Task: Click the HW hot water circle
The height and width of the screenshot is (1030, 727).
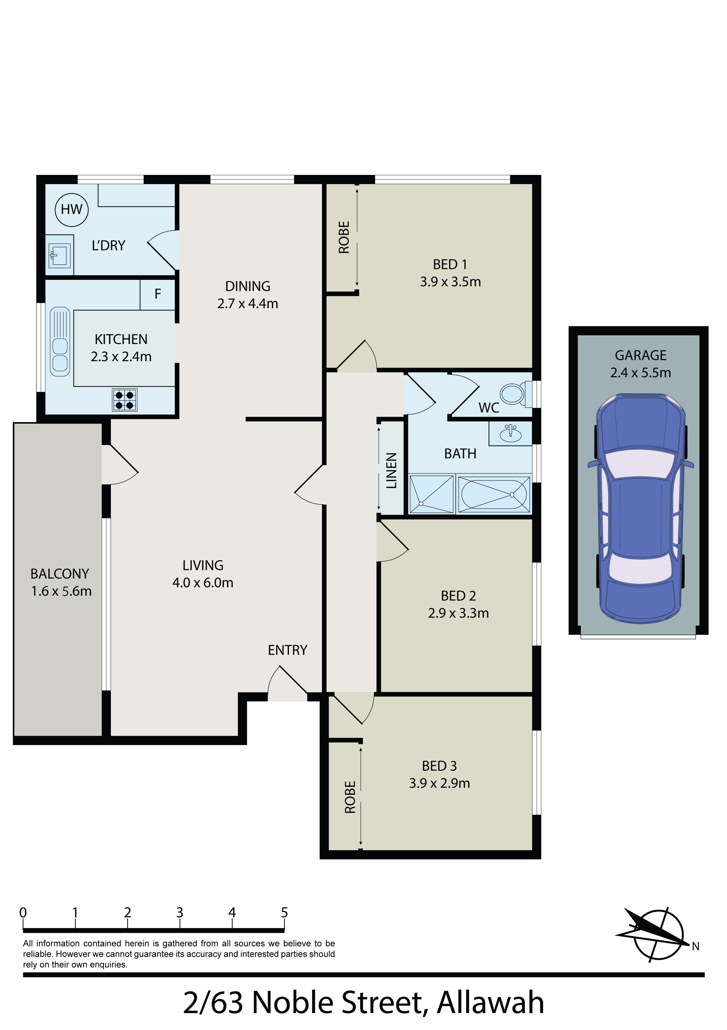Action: [72, 209]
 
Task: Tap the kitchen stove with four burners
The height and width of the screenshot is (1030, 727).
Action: [125, 400]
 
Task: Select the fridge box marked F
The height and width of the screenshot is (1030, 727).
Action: [157, 294]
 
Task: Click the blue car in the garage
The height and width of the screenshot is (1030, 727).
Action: [641, 509]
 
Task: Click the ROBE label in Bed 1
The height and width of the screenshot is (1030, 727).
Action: [344, 237]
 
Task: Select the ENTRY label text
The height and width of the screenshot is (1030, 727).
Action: [287, 650]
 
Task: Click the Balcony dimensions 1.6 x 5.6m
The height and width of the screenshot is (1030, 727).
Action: [61, 591]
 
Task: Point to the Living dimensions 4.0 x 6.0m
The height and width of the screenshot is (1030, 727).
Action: [203, 583]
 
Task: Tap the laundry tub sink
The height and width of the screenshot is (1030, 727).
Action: [60, 256]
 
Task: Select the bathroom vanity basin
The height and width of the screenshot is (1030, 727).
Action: [510, 433]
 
